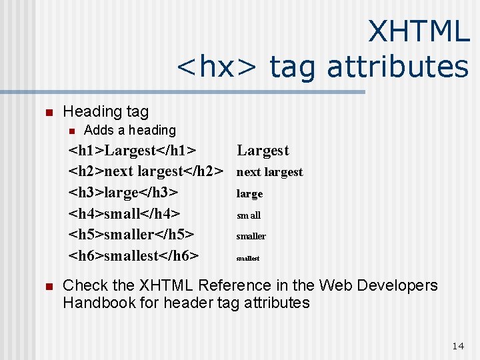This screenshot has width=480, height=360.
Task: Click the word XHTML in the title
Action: (x=419, y=31)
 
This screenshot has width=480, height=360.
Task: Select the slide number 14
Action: (x=457, y=345)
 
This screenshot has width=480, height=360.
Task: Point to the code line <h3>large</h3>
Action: (x=123, y=193)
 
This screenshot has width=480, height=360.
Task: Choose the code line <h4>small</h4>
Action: (x=125, y=214)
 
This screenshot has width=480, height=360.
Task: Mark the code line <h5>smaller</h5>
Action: (x=132, y=235)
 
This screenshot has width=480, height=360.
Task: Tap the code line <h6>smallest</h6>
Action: (x=134, y=255)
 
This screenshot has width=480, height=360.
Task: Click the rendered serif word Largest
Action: (x=263, y=151)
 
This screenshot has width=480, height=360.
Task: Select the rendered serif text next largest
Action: (x=269, y=172)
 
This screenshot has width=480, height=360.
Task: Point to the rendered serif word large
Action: (x=249, y=194)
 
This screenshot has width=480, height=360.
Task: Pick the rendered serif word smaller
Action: (x=251, y=236)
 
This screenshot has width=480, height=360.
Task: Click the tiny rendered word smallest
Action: (x=247, y=258)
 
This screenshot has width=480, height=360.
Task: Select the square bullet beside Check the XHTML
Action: (x=47, y=287)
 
